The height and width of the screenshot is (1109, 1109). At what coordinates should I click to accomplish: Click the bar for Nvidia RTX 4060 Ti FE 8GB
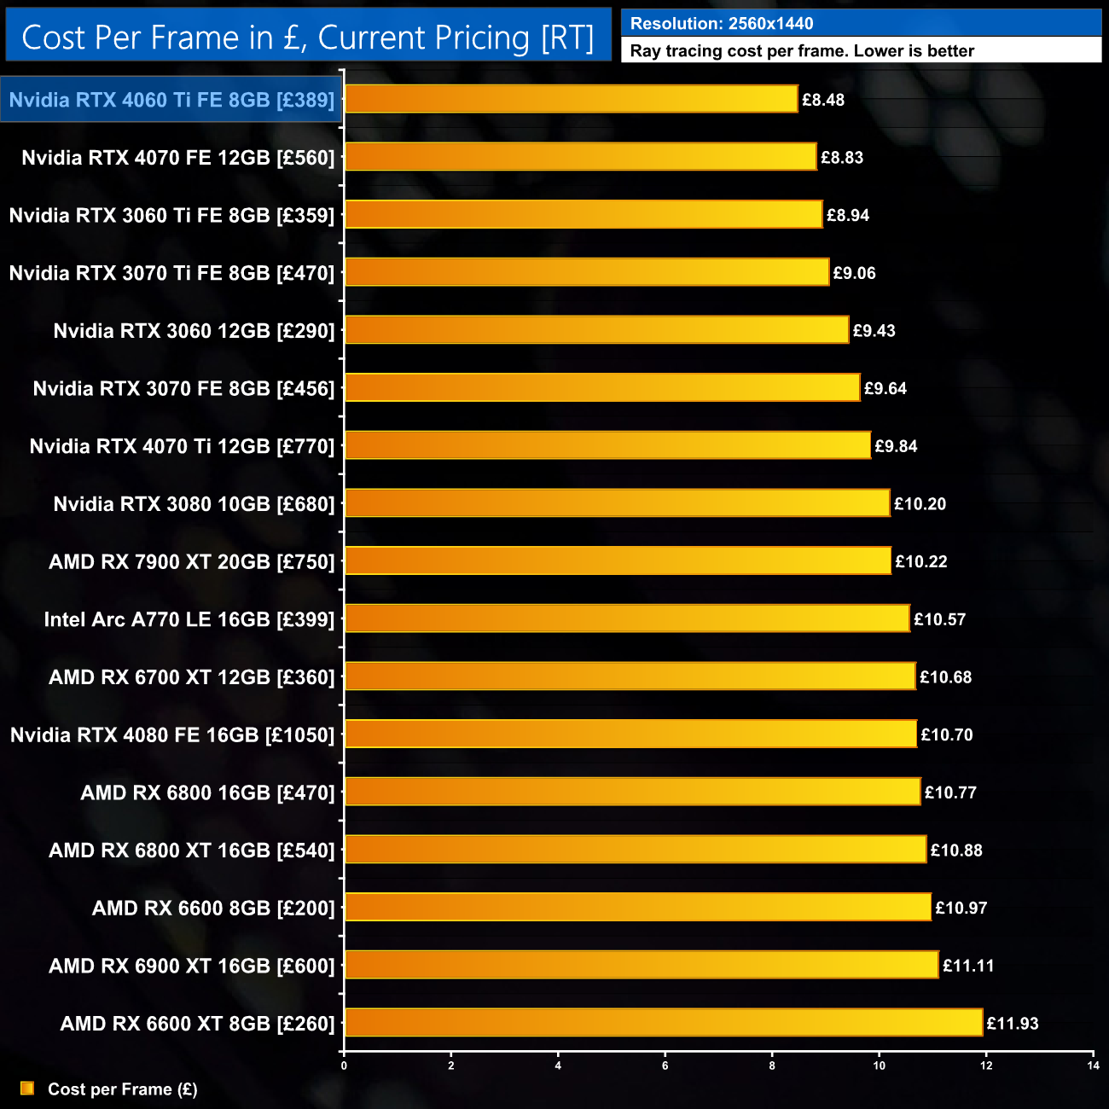[x=572, y=99]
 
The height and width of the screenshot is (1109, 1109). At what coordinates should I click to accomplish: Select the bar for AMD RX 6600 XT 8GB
[x=664, y=1022]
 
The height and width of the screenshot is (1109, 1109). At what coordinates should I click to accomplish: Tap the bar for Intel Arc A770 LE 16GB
[x=627, y=618]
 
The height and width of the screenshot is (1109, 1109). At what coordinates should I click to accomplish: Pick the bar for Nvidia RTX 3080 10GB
[x=617, y=503]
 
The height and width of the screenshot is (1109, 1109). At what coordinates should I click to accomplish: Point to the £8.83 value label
[x=842, y=158]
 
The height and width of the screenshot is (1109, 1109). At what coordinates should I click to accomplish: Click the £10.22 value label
[x=921, y=561]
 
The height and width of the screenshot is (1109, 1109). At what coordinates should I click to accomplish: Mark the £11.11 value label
[x=968, y=966]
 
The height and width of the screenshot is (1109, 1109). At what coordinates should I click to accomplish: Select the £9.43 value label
[x=874, y=331]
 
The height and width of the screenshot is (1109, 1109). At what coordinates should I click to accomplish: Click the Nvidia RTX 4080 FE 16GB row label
[x=172, y=734]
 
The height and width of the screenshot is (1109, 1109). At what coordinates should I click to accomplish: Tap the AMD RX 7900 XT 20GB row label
[x=192, y=561]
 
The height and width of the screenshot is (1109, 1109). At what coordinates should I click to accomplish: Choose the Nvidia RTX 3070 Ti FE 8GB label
[x=171, y=273]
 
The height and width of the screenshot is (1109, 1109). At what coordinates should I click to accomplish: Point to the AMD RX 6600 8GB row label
[x=213, y=908]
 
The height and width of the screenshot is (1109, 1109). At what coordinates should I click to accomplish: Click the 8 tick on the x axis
[x=772, y=1065]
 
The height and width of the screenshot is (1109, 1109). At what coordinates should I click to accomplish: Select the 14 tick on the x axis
[x=1093, y=1065]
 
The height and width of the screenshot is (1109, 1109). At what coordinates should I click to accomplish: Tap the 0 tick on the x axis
[x=344, y=1065]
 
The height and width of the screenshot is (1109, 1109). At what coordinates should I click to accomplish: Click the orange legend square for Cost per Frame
[x=27, y=1089]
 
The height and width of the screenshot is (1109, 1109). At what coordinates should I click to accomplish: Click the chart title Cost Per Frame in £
[x=308, y=38]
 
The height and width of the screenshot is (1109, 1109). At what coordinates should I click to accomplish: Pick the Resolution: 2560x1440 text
[x=722, y=24]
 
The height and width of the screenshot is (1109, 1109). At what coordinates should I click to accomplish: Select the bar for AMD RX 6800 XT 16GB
[x=636, y=850]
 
